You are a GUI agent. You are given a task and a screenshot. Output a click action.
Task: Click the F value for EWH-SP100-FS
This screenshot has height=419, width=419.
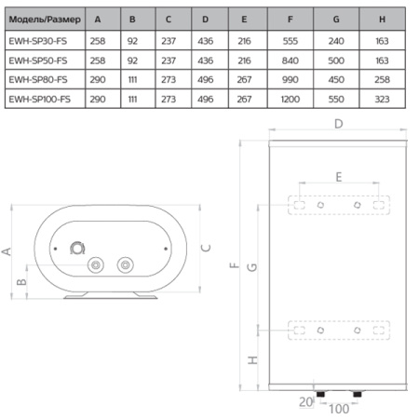pyautogui.click(x=291, y=100)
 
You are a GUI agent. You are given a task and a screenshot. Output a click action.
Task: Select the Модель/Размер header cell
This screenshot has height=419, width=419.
pyautogui.click(x=45, y=20)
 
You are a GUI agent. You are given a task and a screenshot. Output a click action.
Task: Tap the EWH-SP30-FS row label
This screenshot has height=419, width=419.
pyautogui.click(x=38, y=41)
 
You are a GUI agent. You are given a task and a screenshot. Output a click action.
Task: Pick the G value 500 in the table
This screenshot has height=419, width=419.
pyautogui.click(x=336, y=61)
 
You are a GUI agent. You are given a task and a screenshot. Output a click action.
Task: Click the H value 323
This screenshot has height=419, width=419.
pyautogui.click(x=382, y=100)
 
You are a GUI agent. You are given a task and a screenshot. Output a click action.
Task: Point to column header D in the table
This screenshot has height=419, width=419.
pyautogui.click(x=205, y=20)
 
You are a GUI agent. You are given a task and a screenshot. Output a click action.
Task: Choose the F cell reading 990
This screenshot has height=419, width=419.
pyautogui.click(x=291, y=80)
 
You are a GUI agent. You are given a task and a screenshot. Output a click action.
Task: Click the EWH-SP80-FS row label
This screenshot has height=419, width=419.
pyautogui.click(x=38, y=80)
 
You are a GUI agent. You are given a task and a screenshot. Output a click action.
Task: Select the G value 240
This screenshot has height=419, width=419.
pyautogui.click(x=336, y=41)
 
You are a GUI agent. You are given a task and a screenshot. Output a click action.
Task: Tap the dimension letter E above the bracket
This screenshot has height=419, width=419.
pyautogui.click(x=339, y=177)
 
